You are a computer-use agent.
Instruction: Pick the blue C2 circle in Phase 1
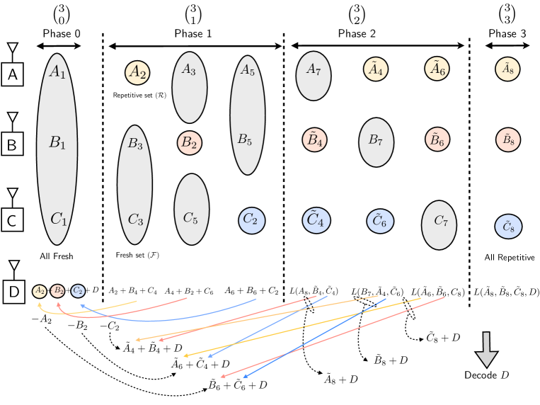[x=250, y=219]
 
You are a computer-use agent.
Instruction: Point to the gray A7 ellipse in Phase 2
[x=313, y=72]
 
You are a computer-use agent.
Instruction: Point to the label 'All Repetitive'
[x=509, y=258]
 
